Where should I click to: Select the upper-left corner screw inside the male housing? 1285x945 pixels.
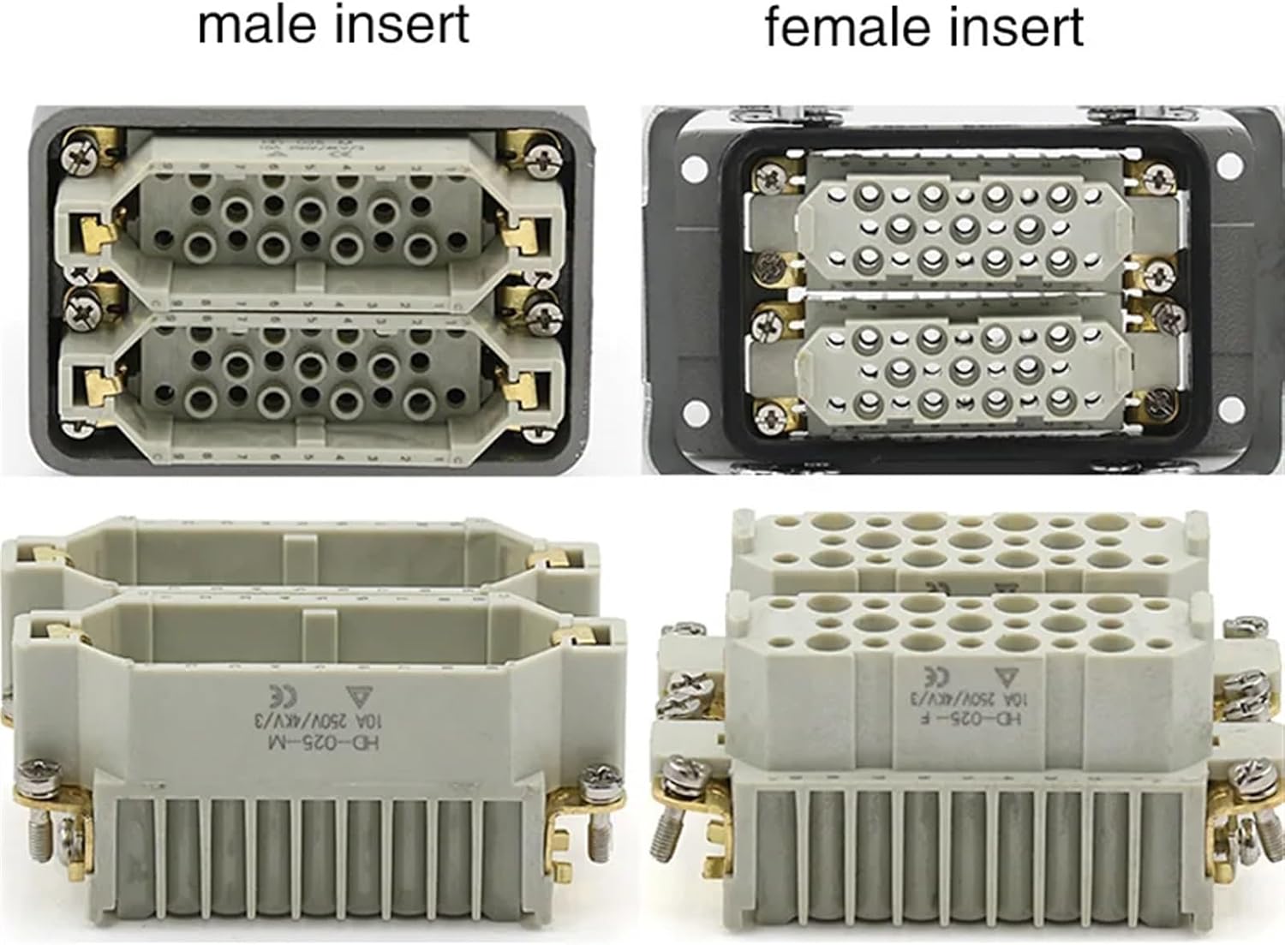[75, 154]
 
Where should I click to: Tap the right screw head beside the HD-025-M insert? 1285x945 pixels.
[595, 781]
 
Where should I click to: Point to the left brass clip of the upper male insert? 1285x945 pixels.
[89, 236]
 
